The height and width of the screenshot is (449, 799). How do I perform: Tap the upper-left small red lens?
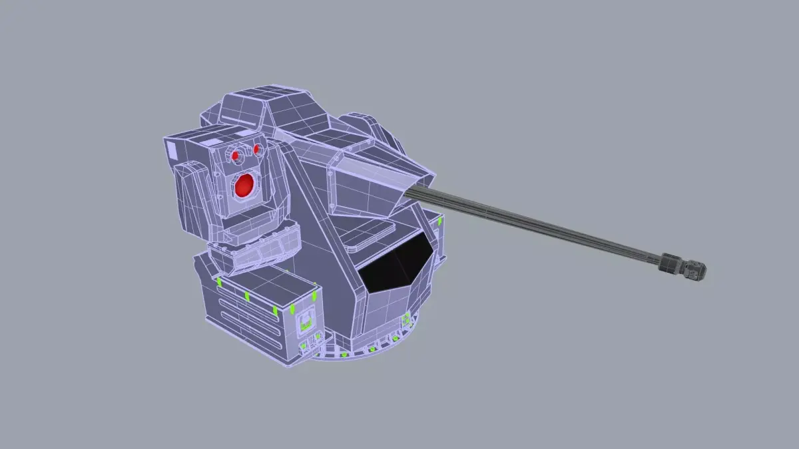236,155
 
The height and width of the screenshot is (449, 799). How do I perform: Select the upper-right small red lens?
256,148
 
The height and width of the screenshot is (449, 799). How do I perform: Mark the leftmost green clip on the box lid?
219,282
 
